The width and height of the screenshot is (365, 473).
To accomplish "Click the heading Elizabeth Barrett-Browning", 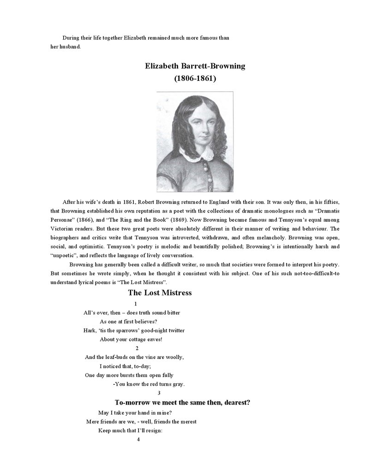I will [x=195, y=66].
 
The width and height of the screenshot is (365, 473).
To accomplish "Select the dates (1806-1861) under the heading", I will [x=195, y=79].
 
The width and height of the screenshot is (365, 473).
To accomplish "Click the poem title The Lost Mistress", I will [x=160, y=293].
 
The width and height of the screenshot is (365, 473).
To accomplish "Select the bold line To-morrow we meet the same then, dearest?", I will [x=182, y=402].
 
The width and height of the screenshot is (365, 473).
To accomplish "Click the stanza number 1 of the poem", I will [x=135, y=303].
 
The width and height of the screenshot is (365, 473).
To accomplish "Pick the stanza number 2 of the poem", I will [x=137, y=348].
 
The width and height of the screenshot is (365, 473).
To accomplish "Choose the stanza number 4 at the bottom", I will [x=138, y=439].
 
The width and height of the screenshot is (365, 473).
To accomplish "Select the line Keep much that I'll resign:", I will [x=131, y=430].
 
